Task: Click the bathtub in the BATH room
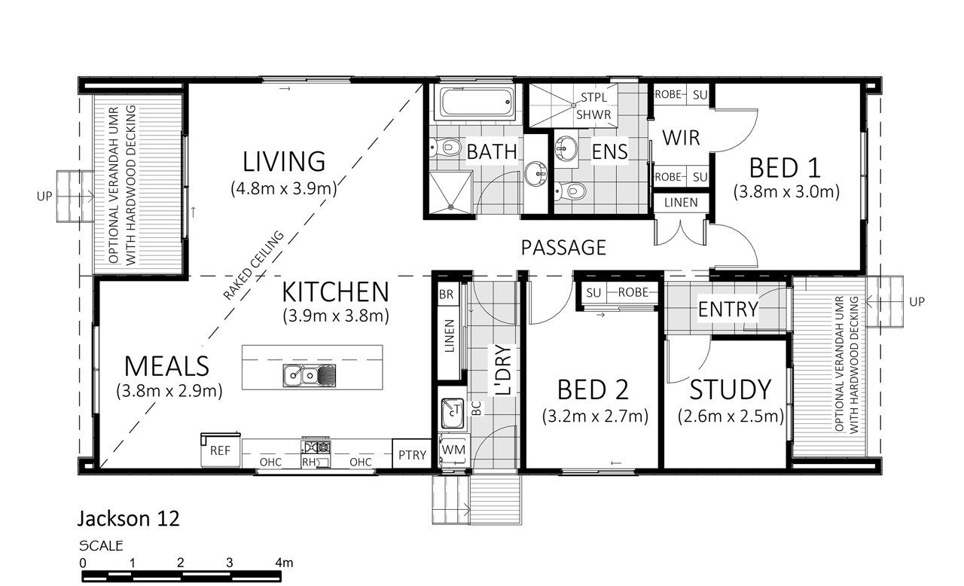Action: [474, 102]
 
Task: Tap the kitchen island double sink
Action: [310, 375]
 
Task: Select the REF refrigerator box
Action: [221, 450]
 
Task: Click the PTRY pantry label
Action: [412, 455]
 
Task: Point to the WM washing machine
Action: [453, 450]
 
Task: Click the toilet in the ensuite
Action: [570, 191]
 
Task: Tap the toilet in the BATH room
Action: [445, 148]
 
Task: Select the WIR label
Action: [681, 138]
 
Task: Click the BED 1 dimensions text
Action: [786, 191]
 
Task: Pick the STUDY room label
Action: [731, 390]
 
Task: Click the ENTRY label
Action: [728, 310]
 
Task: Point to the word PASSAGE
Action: [563, 248]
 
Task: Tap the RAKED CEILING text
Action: [254, 265]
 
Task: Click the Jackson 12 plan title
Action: [128, 519]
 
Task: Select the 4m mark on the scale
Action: [284, 563]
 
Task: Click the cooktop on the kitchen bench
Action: [316, 447]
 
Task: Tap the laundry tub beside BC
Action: [453, 413]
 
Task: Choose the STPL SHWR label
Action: [593, 106]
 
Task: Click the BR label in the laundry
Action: [447, 295]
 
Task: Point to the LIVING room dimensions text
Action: [284, 188]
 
